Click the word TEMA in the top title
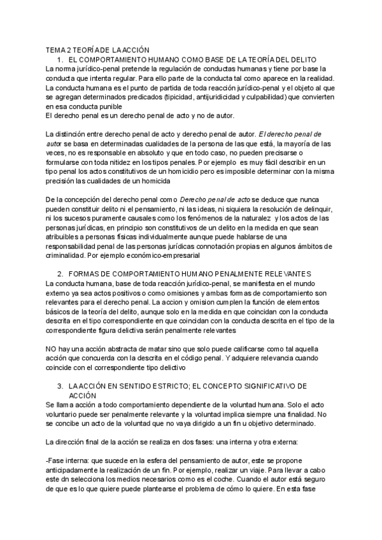(x=56, y=50)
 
